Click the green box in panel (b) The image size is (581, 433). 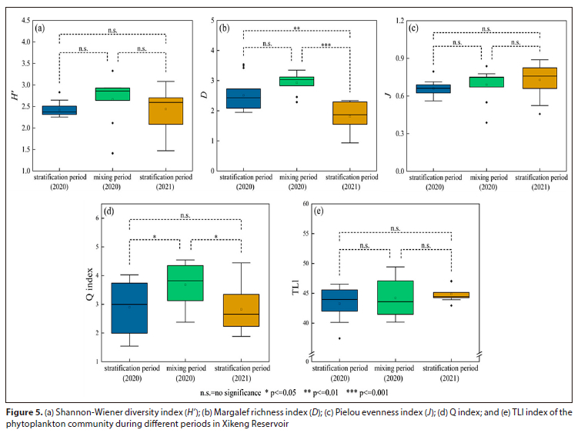(296, 81)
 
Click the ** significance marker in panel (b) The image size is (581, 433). (296, 28)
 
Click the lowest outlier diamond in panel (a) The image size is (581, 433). (112, 153)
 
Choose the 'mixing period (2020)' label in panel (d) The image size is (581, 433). (185, 374)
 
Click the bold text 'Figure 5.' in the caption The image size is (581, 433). (23, 412)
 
